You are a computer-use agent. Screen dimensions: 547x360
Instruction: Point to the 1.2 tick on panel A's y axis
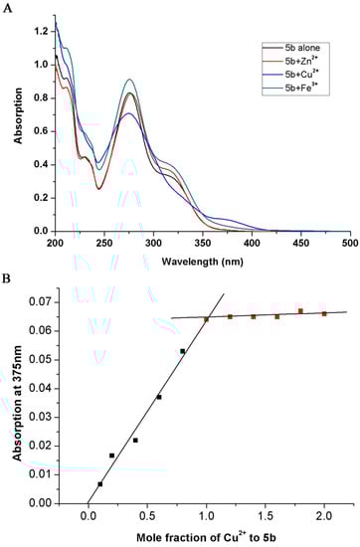42,31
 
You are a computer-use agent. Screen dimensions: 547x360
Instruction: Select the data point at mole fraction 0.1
100,484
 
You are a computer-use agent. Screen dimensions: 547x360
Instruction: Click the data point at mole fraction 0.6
159,397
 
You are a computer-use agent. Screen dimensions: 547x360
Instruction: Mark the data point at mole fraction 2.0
324,313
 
